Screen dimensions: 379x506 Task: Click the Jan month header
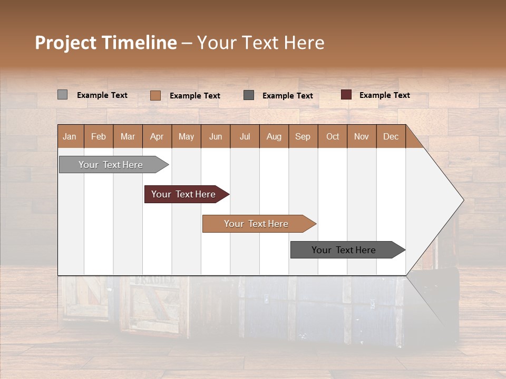pos(70,136)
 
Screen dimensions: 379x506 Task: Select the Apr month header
pos(157,136)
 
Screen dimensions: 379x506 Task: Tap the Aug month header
pos(274,136)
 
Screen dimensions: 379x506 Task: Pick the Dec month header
pos(391,136)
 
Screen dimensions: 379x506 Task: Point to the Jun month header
pos(215,136)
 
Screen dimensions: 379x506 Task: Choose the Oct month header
pos(332,136)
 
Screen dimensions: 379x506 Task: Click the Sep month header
pos(303,136)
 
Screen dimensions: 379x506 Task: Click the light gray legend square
pos(62,95)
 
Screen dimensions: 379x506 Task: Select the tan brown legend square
pos(155,95)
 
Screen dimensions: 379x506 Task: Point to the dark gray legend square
pos(249,95)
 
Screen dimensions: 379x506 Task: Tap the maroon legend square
pos(346,95)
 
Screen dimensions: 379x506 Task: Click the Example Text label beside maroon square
pos(384,95)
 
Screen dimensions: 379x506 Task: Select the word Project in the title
pos(65,43)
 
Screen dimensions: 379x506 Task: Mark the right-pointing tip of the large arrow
pos(462,200)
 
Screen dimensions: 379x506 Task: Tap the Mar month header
pos(128,136)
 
